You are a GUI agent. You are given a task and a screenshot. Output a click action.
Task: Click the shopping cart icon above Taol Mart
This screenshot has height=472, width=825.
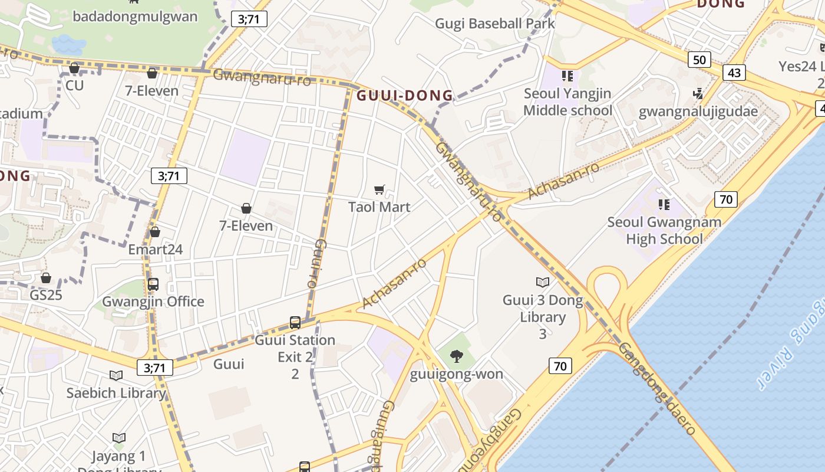coord(379,190)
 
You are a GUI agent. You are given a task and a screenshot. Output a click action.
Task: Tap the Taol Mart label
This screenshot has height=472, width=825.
coord(379,207)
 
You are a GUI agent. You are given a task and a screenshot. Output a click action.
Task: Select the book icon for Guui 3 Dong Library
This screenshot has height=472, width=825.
coord(542,283)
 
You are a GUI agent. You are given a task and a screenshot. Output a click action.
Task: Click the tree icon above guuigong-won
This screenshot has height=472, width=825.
coord(456,356)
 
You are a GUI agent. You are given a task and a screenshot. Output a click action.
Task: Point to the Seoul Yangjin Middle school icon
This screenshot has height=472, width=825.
coord(567,76)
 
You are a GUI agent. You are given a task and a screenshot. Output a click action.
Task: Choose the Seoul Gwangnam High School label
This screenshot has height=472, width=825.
coord(664,231)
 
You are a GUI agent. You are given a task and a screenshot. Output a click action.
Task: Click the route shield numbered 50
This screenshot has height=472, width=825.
coord(699,60)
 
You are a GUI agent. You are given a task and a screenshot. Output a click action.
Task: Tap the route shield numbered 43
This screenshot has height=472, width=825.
coord(734,73)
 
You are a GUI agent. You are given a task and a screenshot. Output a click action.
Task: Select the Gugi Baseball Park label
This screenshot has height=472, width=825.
coord(495,24)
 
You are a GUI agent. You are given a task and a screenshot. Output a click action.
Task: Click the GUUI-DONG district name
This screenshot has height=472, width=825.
coord(405,95)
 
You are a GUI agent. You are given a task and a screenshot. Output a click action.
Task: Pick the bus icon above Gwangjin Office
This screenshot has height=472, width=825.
coord(153,284)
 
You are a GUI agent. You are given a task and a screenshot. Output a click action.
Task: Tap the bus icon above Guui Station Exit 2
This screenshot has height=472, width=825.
coord(295,323)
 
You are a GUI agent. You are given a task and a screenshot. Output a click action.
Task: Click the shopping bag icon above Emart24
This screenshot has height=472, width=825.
coord(155,232)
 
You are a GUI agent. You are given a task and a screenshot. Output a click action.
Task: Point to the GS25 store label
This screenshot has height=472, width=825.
coord(46,294)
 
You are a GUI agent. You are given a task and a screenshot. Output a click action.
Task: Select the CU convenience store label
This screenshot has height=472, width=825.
coord(75,85)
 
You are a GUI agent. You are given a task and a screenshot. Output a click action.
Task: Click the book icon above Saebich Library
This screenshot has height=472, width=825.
coord(116,375)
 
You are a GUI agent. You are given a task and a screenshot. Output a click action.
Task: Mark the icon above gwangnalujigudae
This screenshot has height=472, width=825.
coord(698,93)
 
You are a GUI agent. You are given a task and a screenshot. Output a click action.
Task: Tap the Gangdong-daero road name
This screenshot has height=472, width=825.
coord(658,389)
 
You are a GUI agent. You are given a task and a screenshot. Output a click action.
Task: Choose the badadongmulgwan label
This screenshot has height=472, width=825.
coord(135,16)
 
